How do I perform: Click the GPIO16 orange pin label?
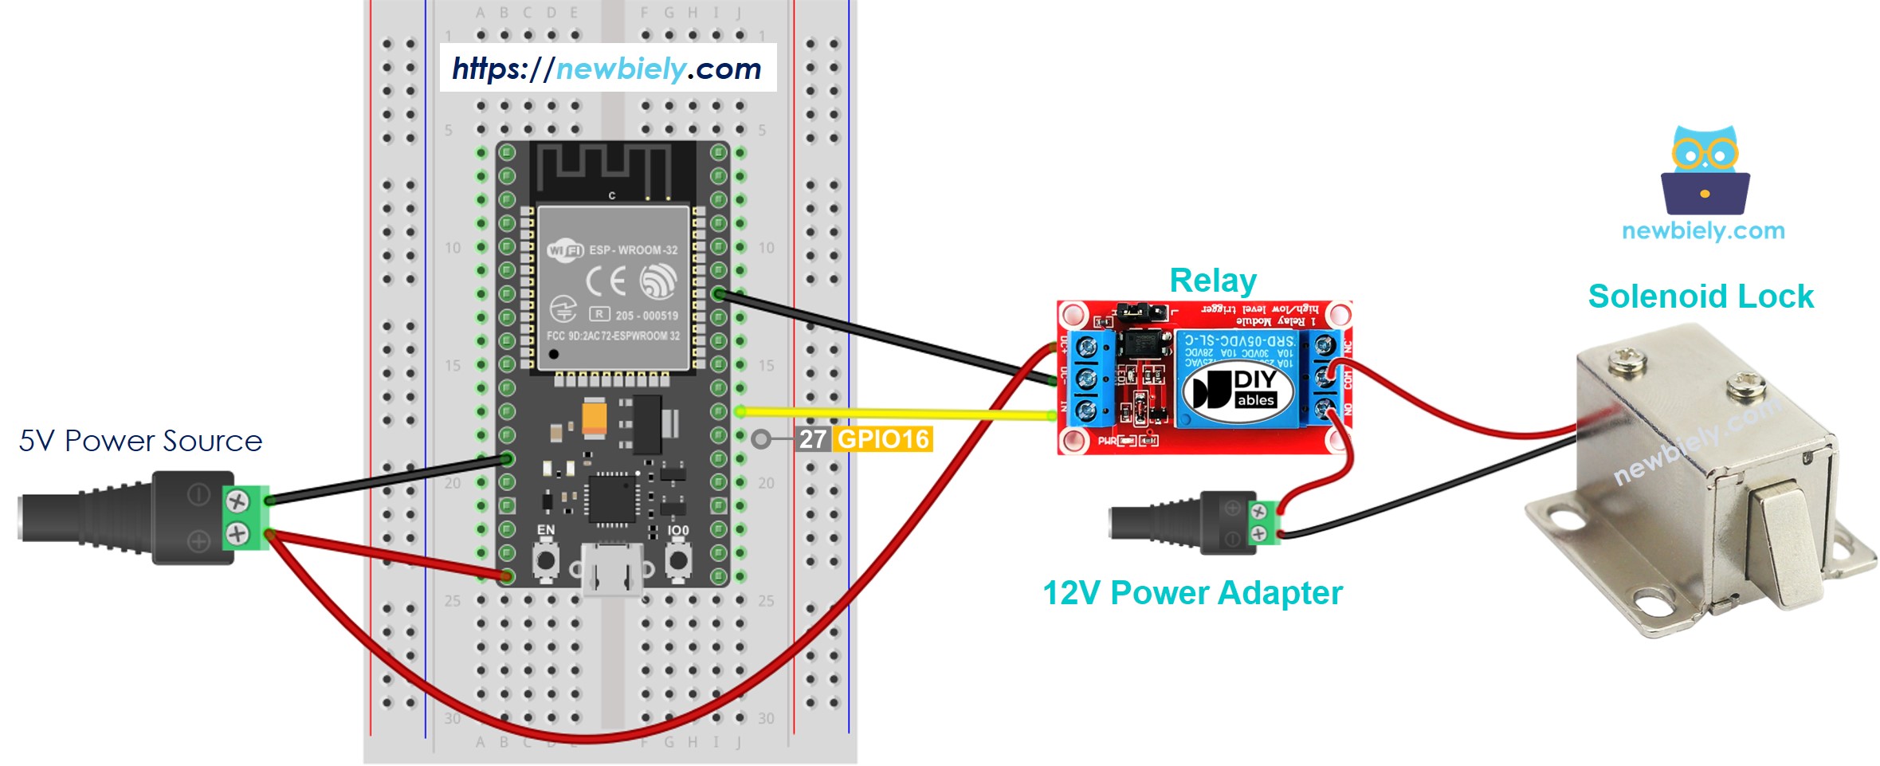pos(883,439)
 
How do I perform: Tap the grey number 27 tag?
pos(813,439)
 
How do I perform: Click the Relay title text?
pos(1212,281)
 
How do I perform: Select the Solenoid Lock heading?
pos(1700,297)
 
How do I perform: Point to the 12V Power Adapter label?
pos(1192,593)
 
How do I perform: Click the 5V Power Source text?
pos(140,441)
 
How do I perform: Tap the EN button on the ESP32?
pos(546,560)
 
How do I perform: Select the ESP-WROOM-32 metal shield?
pos(613,288)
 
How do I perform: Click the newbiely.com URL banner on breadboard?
pos(607,69)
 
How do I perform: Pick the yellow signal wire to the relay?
pos(893,413)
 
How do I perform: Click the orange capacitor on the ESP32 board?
pos(595,417)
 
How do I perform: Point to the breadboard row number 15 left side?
pos(453,366)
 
